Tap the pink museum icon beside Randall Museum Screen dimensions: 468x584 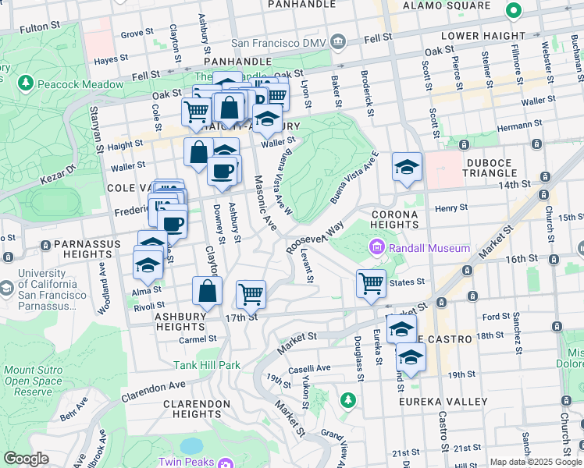(x=377, y=249)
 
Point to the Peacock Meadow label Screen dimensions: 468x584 (x=79, y=84)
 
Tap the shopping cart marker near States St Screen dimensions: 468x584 (x=371, y=283)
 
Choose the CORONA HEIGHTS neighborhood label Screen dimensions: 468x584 (x=395, y=219)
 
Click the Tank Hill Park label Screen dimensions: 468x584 (x=207, y=365)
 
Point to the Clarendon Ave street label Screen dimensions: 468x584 (x=154, y=388)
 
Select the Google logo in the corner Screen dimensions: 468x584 (x=26, y=459)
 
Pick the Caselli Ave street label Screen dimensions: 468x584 (x=312, y=369)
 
